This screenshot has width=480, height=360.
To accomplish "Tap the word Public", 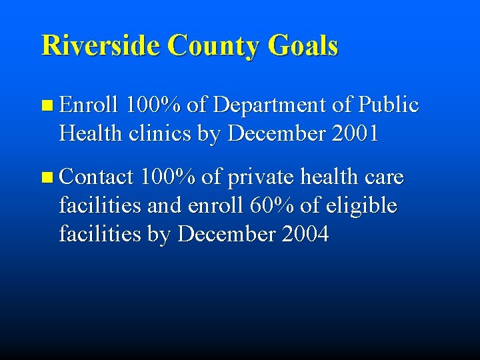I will click(x=389, y=105).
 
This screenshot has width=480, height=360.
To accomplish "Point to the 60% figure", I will click(x=272, y=206).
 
